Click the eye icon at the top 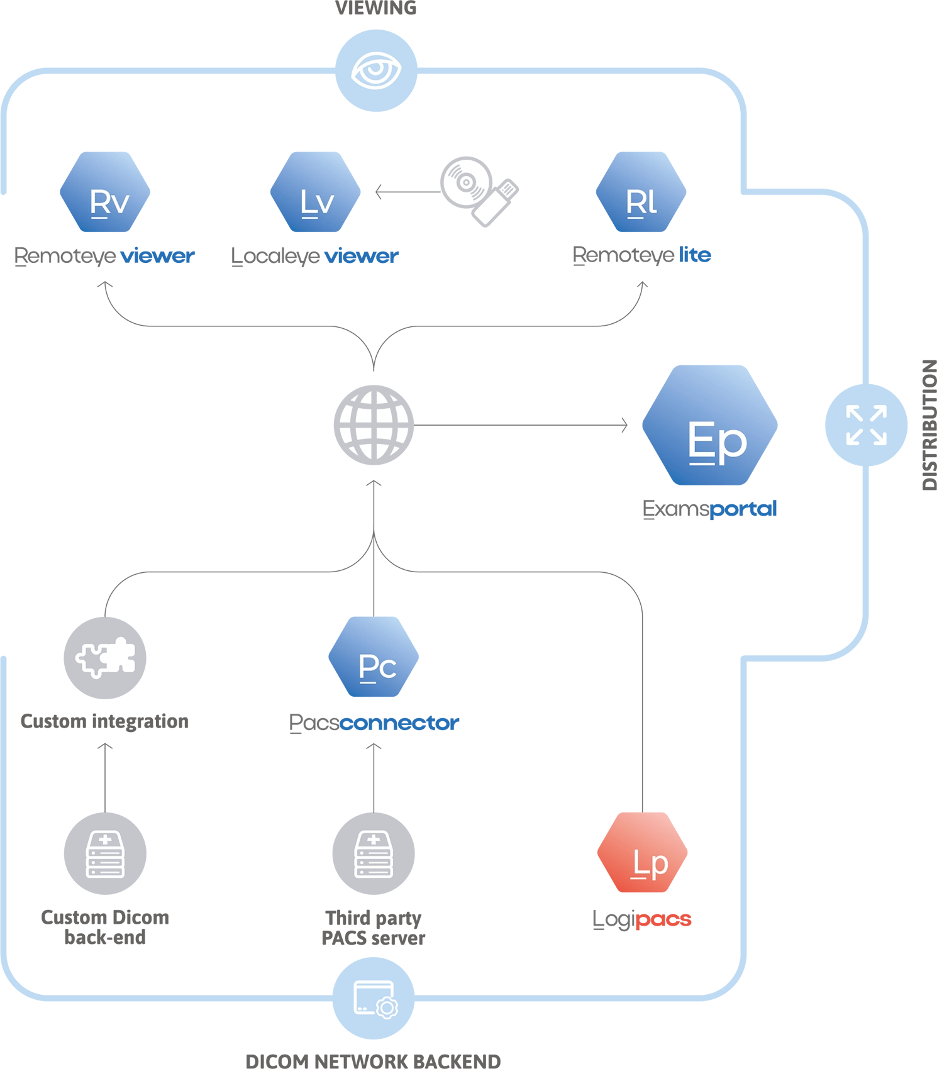point(376,70)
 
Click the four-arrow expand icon point(866,425)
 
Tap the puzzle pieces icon point(106,658)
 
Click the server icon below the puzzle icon point(105,854)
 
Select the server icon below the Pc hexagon point(374,854)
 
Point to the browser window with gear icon point(375,999)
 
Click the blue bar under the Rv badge point(175,256)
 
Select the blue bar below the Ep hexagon point(784,511)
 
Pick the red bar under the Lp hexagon point(687,917)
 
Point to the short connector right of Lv point(406,191)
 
